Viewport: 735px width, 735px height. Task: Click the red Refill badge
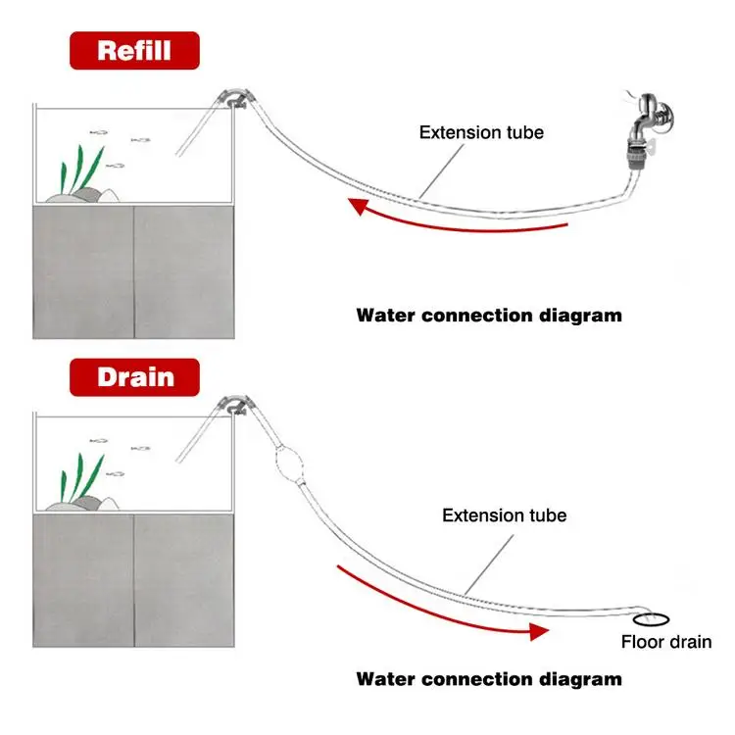(x=134, y=51)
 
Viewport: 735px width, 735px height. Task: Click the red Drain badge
(x=134, y=377)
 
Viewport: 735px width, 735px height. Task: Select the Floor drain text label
(x=666, y=642)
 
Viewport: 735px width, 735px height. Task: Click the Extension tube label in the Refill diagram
(x=481, y=132)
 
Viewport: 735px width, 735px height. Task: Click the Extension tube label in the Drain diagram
(x=505, y=515)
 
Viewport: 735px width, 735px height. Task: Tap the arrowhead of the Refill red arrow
(x=358, y=206)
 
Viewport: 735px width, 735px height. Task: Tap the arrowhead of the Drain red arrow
(x=539, y=631)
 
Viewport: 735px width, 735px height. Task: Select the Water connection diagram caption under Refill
(x=489, y=316)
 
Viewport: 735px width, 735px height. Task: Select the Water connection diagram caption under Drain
(x=489, y=679)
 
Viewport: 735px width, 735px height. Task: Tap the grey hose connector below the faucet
(x=636, y=157)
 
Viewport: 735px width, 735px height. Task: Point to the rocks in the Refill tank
(x=83, y=196)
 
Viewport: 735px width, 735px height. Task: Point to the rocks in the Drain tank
(x=83, y=505)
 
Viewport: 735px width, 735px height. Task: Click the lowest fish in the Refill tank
(x=115, y=166)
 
